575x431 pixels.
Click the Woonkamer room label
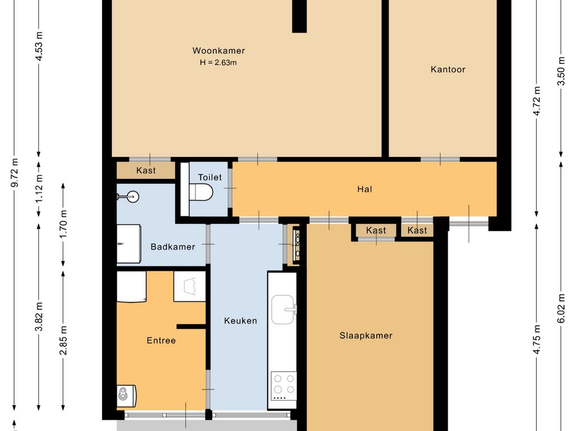coord(218,51)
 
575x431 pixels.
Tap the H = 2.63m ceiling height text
coord(218,63)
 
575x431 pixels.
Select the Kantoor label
coord(448,69)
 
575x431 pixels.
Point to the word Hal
coord(364,189)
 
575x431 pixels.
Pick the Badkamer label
coord(173,247)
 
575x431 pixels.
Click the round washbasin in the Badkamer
coord(133,197)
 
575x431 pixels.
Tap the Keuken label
coord(240,320)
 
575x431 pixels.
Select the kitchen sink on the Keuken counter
coord(283,310)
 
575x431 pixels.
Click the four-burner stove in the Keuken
coord(284,386)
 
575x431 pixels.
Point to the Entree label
coord(161,341)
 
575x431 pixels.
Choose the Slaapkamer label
coord(366,336)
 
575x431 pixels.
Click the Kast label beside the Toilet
coord(146,171)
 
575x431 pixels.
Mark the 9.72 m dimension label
coord(15,172)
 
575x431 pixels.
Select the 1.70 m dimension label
coord(63,224)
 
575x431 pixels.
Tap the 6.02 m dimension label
coord(561,309)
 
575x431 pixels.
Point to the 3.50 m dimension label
coord(561,71)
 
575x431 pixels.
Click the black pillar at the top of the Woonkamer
coord(299,16)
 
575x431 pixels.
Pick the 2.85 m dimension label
coord(63,340)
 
